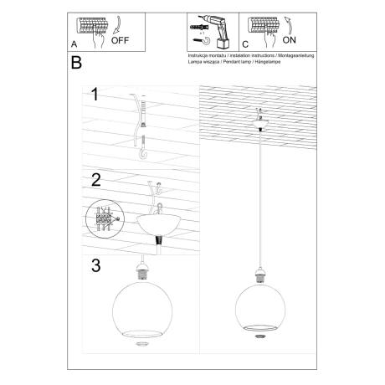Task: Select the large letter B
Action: coord(76,64)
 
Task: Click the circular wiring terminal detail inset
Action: coord(103,221)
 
